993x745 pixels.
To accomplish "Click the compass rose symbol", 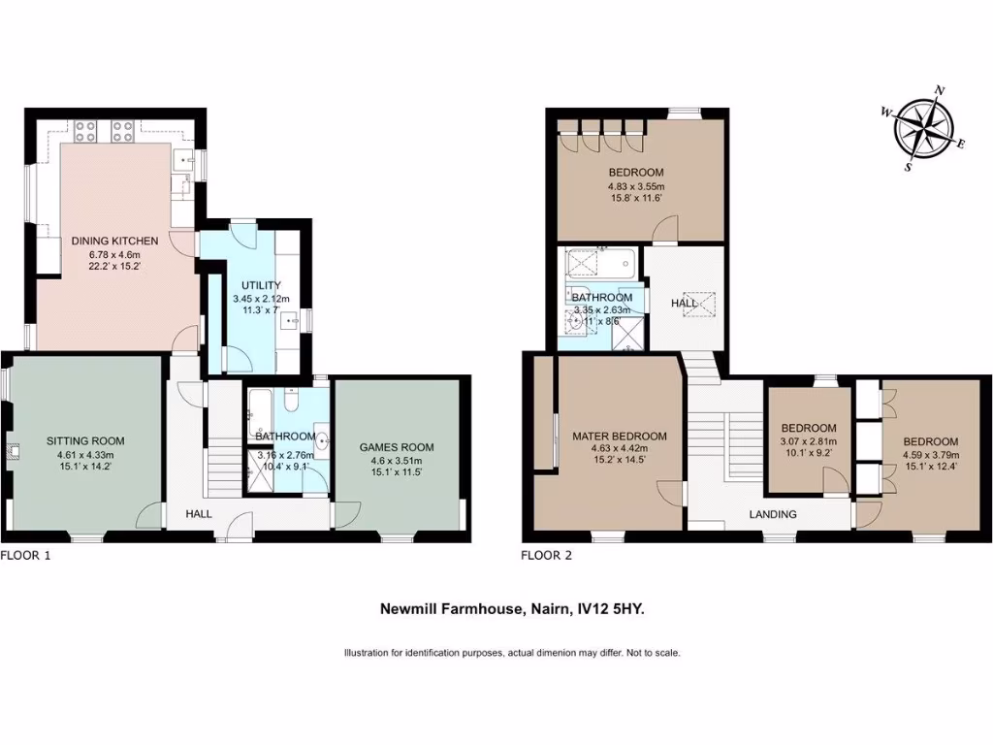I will click(924, 129).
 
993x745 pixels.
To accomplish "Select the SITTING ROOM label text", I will click(85, 441).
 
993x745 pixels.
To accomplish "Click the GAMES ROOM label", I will click(396, 447).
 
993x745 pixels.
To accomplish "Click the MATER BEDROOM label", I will click(619, 437).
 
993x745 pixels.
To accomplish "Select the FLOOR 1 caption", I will click(25, 556).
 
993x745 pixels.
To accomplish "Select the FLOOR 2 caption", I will click(547, 556).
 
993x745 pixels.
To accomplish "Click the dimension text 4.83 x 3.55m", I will click(635, 187).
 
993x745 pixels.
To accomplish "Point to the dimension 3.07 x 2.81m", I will click(809, 441).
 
